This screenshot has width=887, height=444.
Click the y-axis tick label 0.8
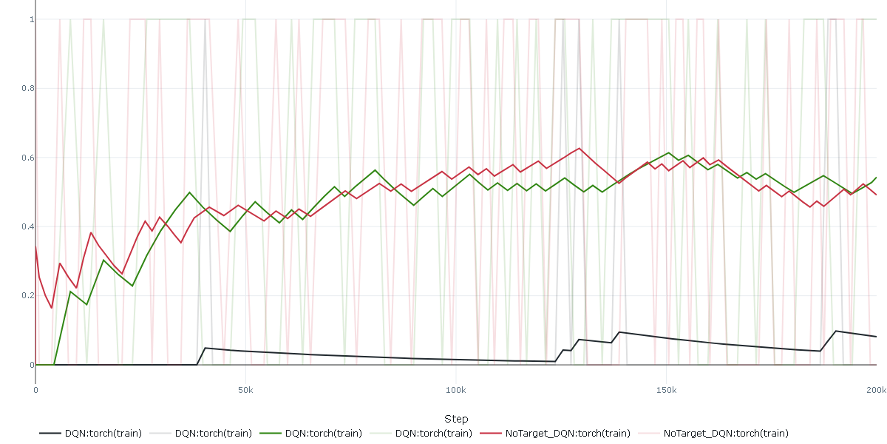[x=30, y=89]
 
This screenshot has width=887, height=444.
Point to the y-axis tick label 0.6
[x=30, y=158]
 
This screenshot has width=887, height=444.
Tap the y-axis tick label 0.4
[x=30, y=226]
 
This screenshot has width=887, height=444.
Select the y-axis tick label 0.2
[x=30, y=295]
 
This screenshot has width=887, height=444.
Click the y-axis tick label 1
[x=32, y=19]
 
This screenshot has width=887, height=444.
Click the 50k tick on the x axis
[x=245, y=390]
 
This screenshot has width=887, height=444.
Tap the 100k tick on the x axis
[x=456, y=390]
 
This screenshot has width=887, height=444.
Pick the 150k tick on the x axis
[x=667, y=390]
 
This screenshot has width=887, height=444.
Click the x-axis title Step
[x=456, y=419]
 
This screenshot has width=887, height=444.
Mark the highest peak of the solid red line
[x=580, y=148]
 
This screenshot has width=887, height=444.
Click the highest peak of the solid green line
[x=669, y=152]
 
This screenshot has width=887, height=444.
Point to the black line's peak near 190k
[x=835, y=331]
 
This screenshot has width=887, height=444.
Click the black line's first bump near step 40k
[x=205, y=348]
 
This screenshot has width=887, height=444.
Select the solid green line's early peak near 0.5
[x=190, y=192]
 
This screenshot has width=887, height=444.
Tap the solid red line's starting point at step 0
[x=35, y=246]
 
